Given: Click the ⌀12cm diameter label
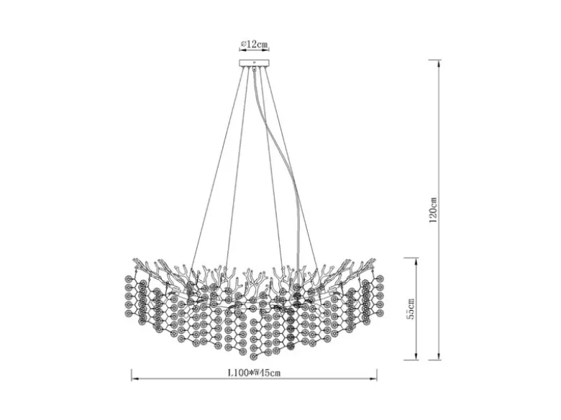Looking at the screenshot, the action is click(x=254, y=45).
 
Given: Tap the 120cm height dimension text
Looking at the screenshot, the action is click(x=433, y=210).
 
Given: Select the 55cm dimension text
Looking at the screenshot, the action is click(x=411, y=309).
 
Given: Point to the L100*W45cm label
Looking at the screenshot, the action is click(x=254, y=373).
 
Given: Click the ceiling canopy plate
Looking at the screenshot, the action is click(x=254, y=63).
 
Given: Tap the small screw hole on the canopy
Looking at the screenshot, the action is click(x=254, y=62).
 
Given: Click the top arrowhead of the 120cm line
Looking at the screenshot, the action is click(x=438, y=64).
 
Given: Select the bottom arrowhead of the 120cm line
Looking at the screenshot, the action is click(x=438, y=356).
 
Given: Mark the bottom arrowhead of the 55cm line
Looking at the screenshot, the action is click(x=416, y=356).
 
